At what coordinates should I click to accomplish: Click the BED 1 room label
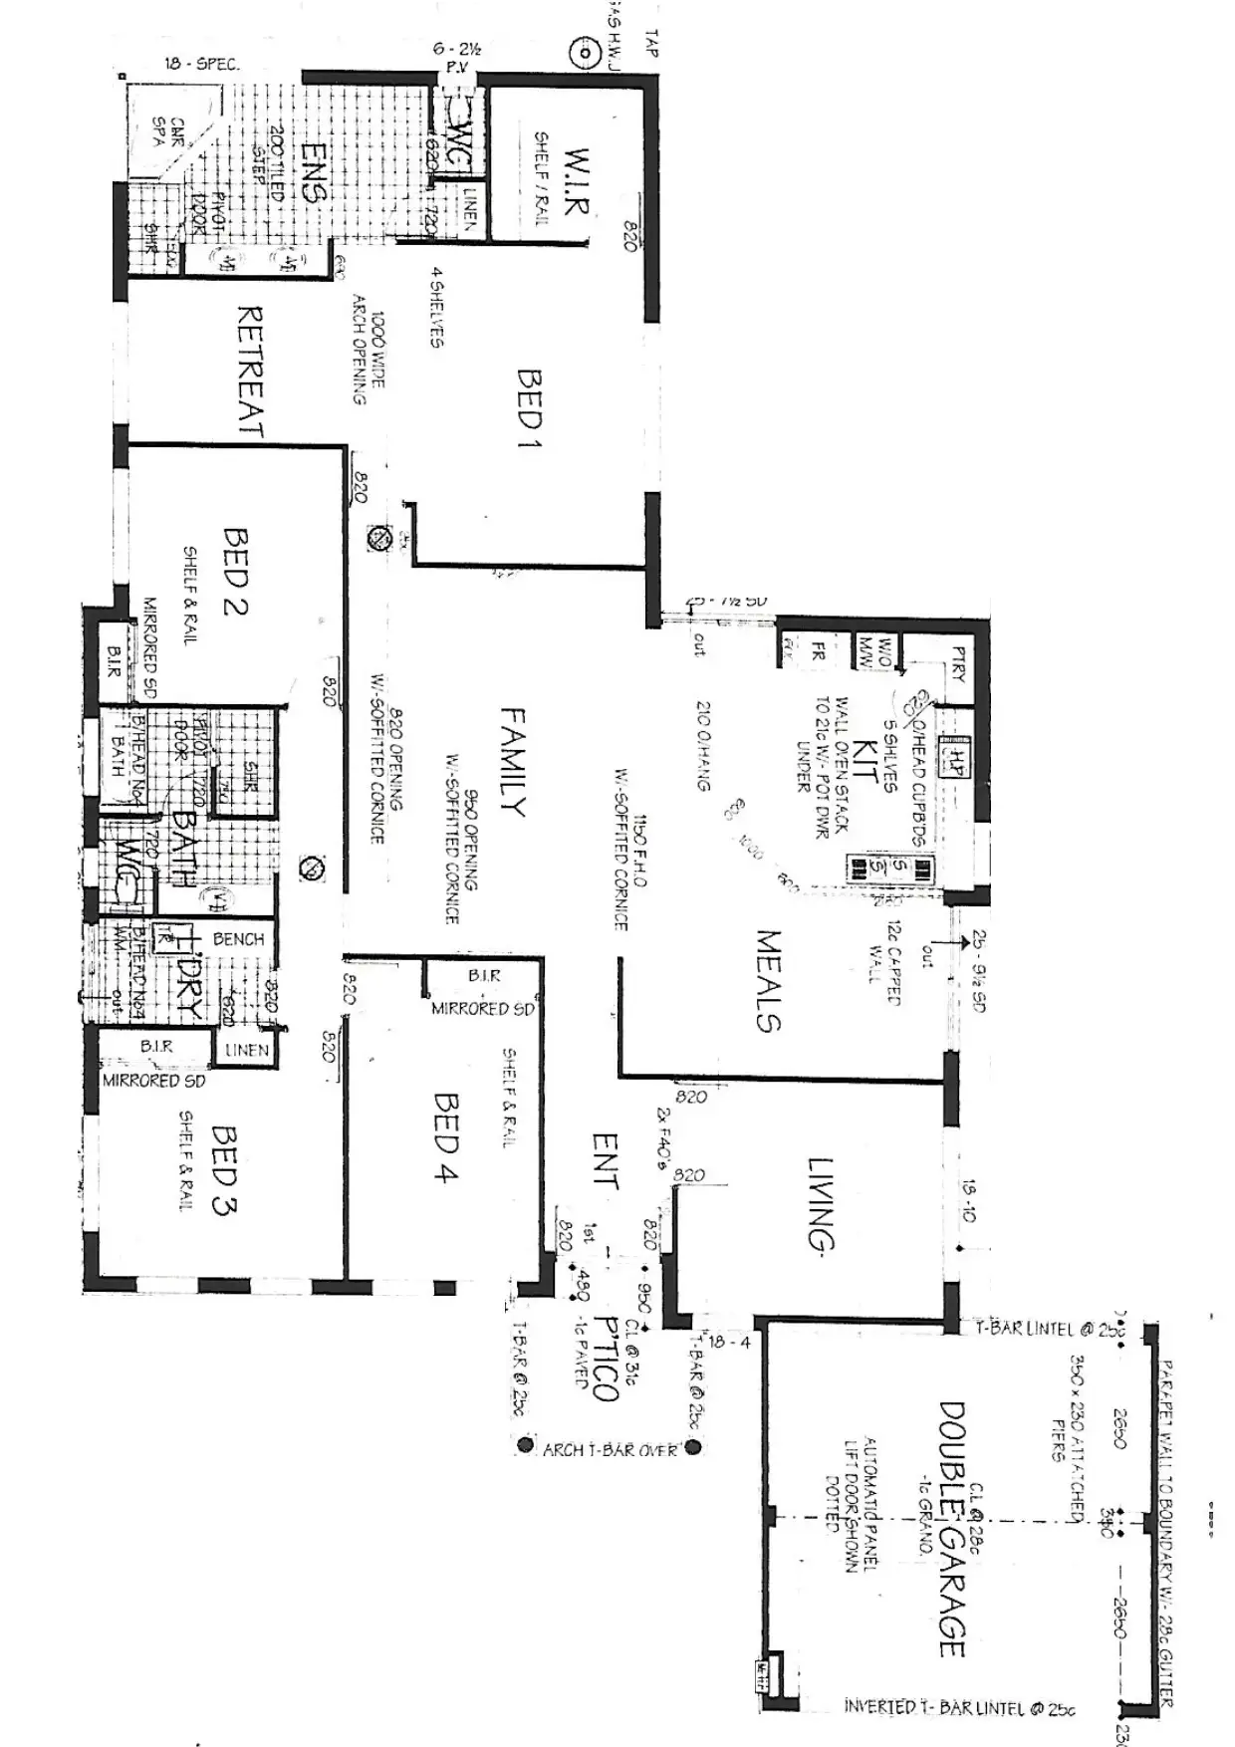pos(529,408)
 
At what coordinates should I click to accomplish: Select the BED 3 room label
pos(224,1170)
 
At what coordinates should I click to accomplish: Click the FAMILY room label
pos(512,762)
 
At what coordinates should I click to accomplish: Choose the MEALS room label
pos(768,980)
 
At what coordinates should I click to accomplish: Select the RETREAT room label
pos(249,372)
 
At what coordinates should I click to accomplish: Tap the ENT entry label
pos(605,1161)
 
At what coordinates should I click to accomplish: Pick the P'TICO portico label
pos(605,1358)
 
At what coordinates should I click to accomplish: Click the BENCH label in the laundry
pos(239,939)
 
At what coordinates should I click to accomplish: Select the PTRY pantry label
pos(958,664)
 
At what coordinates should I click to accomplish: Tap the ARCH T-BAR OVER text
pos(610,1449)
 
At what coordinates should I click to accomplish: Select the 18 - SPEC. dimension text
pos(202,64)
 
